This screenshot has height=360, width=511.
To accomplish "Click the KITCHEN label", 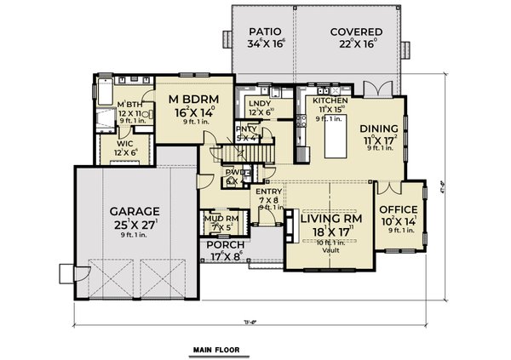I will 328,100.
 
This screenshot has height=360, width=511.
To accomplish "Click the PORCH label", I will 223,244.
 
